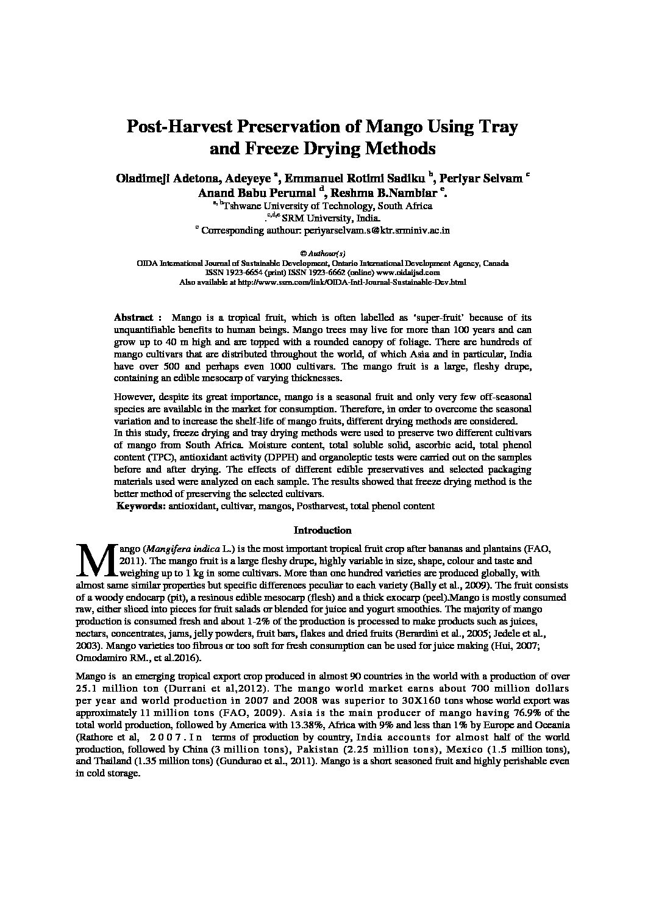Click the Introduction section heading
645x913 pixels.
[x=322, y=531]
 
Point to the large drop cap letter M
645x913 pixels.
[x=94, y=560]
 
